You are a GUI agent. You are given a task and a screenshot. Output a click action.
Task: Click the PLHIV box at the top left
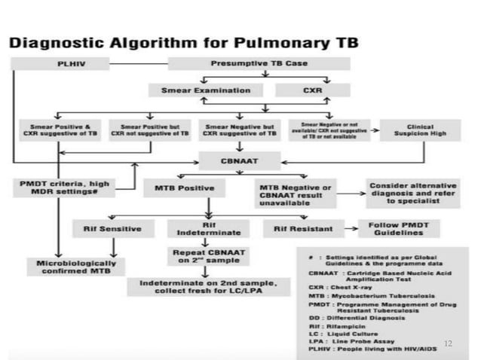(69, 64)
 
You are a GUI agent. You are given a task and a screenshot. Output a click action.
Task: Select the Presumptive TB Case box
(259, 64)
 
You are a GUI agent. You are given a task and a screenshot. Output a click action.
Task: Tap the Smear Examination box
(207, 91)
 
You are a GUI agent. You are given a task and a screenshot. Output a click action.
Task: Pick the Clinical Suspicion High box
(418, 130)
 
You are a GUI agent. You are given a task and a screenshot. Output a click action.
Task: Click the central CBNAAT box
(240, 159)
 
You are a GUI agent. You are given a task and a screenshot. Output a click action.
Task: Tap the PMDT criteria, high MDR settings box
(68, 188)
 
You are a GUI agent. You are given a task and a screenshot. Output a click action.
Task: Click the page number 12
(447, 343)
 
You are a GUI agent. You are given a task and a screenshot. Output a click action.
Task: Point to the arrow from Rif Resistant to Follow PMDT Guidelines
(348, 227)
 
